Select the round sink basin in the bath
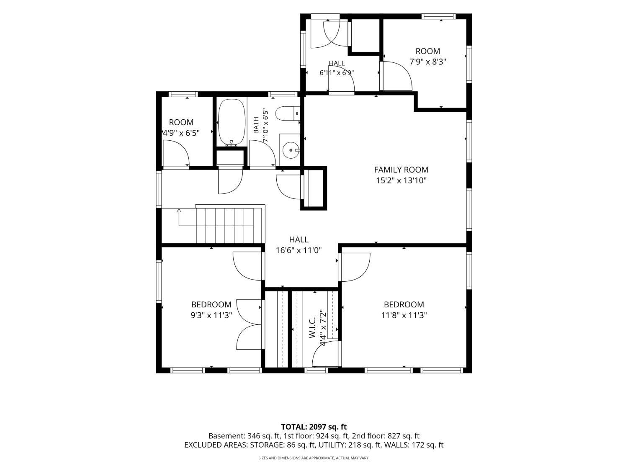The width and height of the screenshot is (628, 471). tap(291, 150)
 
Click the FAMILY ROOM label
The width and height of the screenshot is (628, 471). tap(401, 170)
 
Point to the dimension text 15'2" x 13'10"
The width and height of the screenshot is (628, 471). tap(401, 180)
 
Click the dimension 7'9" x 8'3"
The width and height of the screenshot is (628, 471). tap(428, 62)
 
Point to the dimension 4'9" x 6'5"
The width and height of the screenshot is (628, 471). tap(181, 133)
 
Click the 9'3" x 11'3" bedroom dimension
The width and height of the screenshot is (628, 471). tap(211, 315)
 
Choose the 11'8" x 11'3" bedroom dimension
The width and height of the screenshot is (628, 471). tap(404, 315)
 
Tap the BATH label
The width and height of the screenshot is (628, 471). tap(256, 125)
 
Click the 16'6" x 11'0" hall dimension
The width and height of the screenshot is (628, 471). tap(299, 250)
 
